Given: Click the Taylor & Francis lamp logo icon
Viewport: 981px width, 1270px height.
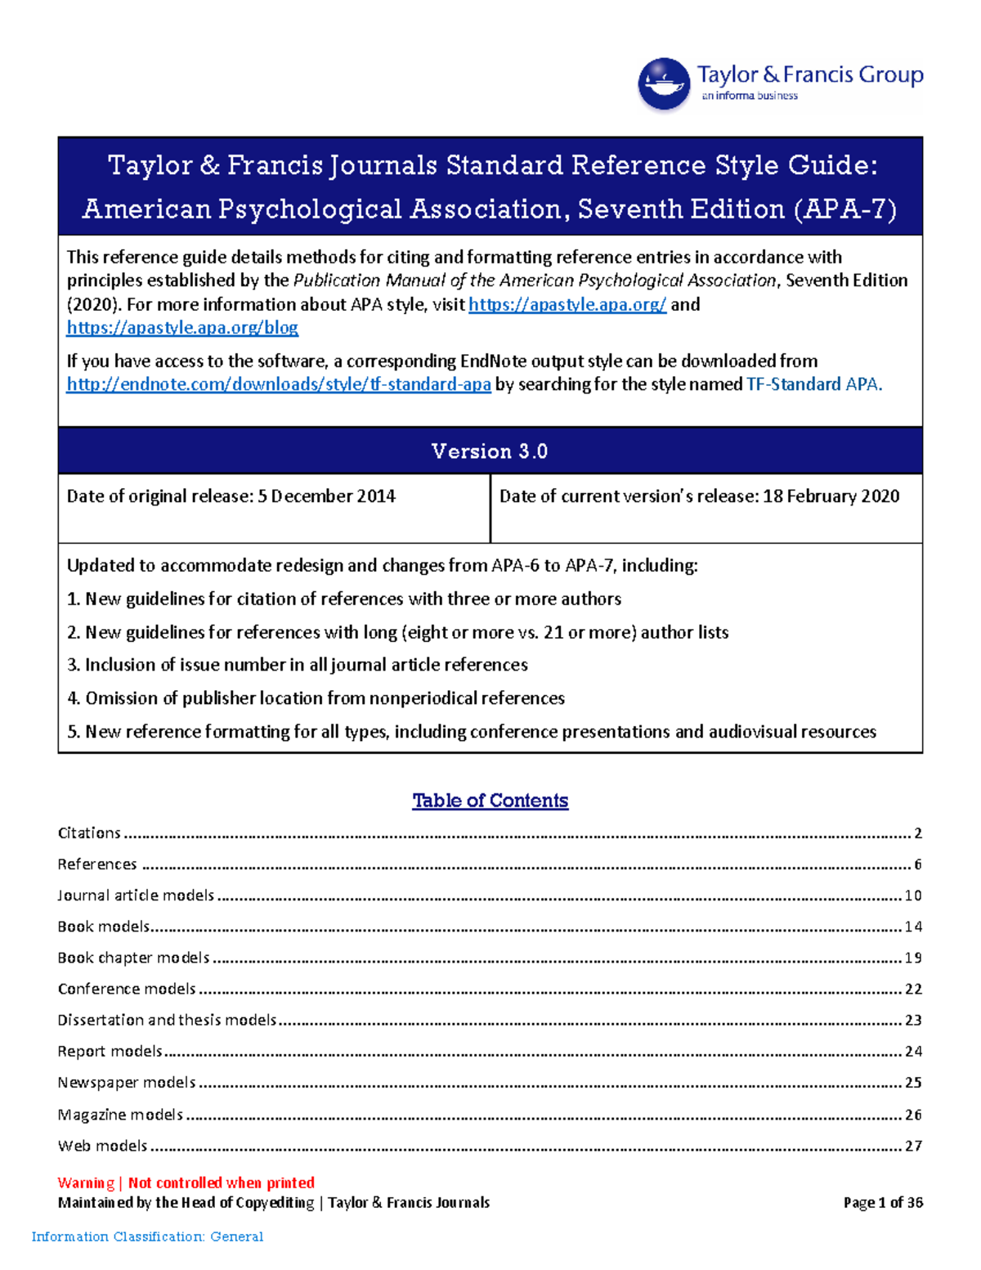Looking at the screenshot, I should click(x=664, y=83).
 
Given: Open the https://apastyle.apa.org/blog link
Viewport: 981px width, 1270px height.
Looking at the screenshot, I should click(x=181, y=328).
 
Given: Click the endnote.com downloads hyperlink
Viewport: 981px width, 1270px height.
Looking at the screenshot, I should click(x=278, y=384).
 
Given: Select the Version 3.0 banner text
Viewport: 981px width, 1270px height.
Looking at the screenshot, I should click(x=489, y=451).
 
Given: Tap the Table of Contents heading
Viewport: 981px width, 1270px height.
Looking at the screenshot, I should click(x=490, y=801).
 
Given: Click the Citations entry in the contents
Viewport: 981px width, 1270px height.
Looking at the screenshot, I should click(x=89, y=833).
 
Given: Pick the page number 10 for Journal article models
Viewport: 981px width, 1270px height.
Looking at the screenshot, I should click(x=912, y=895).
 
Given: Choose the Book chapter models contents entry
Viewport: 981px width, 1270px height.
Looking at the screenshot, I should click(x=133, y=958).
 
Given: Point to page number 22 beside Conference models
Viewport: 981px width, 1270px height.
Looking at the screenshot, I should click(x=913, y=990).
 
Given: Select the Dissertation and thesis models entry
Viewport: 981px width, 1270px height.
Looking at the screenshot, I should click(x=167, y=1021).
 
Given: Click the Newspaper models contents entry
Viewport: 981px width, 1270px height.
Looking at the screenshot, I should click(x=127, y=1083).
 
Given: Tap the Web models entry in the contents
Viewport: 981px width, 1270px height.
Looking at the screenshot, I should click(x=102, y=1146).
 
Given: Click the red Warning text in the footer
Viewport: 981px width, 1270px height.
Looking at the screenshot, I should click(x=86, y=1182).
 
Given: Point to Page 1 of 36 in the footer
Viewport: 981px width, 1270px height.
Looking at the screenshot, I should click(x=883, y=1202).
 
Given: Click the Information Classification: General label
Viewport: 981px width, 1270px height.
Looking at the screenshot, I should click(x=147, y=1236).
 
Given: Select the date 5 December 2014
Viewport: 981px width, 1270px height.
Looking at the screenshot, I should click(x=326, y=496).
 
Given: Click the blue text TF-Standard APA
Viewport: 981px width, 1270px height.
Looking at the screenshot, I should click(x=814, y=384).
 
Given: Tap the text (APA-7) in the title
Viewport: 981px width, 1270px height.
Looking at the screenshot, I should click(x=844, y=209).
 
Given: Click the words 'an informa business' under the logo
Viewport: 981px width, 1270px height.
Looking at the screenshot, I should click(x=749, y=96).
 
